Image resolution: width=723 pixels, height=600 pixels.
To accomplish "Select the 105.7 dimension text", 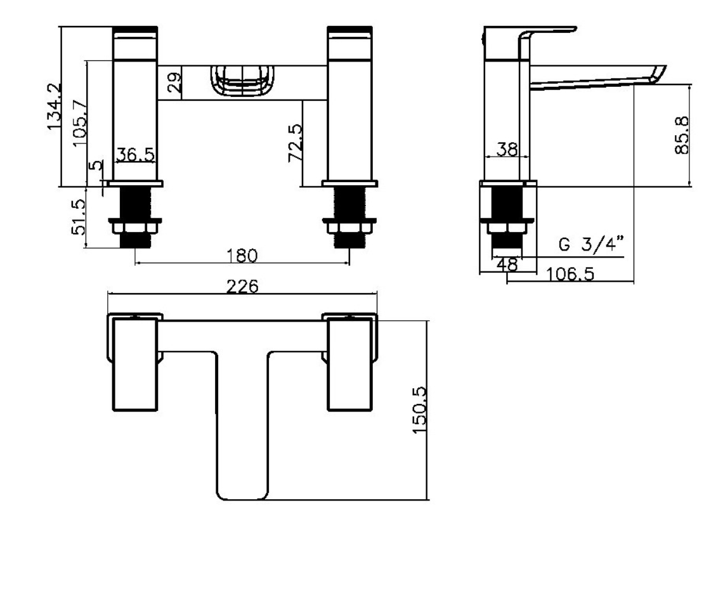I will point(80,123).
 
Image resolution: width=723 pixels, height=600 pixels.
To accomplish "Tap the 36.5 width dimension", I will point(136,154).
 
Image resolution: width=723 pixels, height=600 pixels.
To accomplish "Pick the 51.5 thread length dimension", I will point(79,217).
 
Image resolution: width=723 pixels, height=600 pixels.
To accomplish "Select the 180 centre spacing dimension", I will point(242,255).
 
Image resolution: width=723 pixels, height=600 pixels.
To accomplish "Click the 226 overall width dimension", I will point(242,286).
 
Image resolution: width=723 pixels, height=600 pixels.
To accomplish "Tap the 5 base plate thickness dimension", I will point(96,166).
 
